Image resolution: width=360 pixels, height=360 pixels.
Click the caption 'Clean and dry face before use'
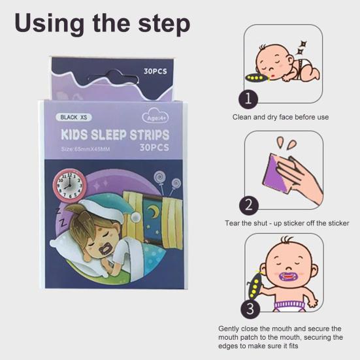pos(280,117)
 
